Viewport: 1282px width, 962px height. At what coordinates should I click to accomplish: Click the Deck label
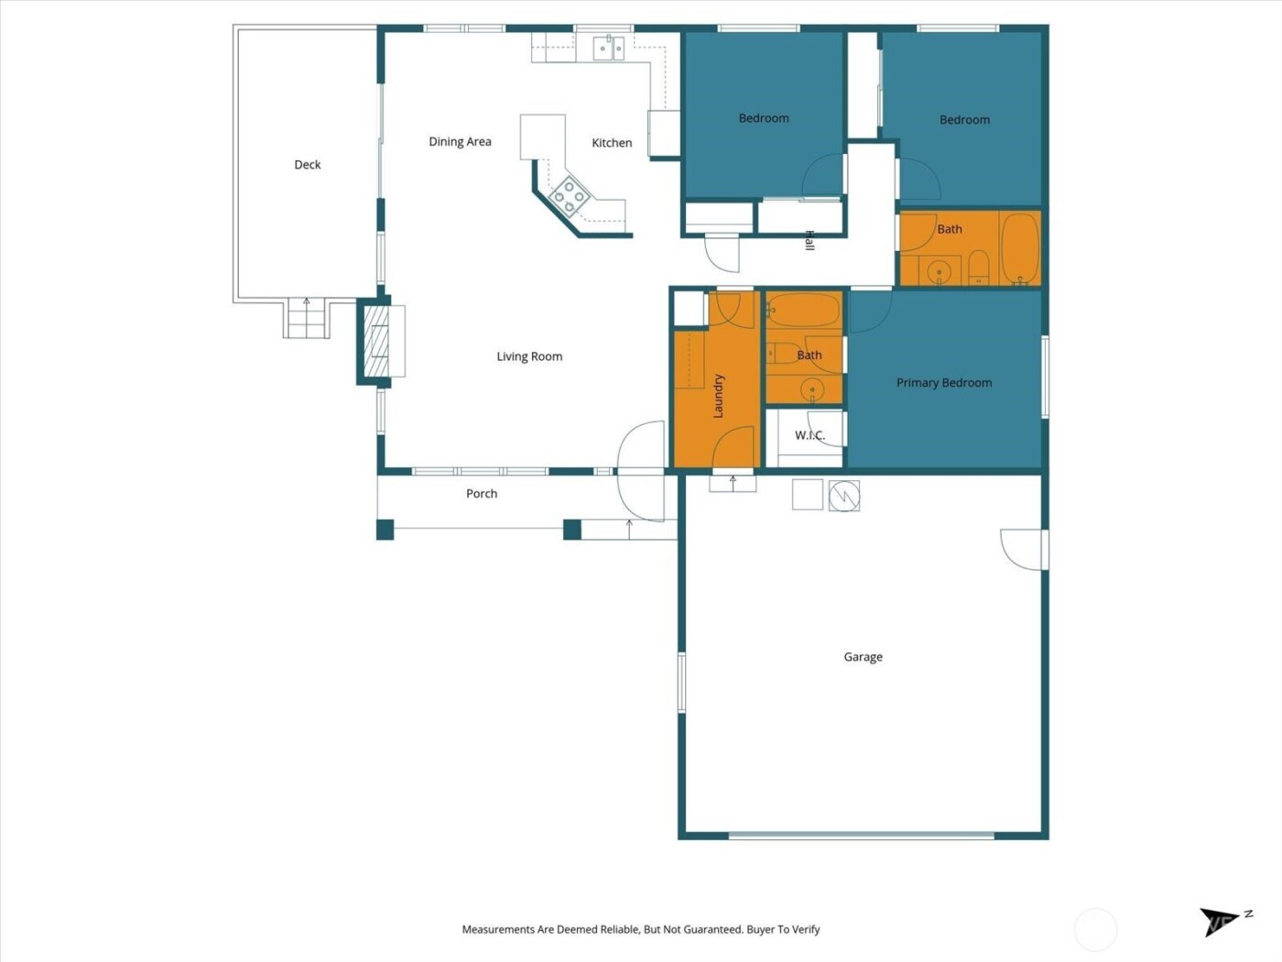click(308, 165)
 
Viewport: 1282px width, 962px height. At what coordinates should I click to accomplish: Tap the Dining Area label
click(460, 142)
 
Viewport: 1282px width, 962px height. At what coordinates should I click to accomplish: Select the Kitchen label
click(612, 143)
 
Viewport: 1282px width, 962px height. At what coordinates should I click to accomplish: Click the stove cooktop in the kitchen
click(569, 196)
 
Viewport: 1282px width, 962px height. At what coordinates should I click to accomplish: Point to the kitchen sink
click(608, 48)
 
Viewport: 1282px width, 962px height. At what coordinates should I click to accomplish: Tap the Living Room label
click(529, 356)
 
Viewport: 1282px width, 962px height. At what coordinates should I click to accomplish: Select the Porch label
click(482, 494)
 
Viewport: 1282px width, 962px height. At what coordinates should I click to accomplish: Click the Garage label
click(863, 657)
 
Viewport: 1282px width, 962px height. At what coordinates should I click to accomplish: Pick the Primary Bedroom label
click(944, 383)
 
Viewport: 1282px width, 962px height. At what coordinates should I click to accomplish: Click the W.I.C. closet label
click(809, 435)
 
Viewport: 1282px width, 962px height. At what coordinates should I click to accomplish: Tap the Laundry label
click(719, 396)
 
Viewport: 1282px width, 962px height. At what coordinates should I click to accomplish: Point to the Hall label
click(809, 241)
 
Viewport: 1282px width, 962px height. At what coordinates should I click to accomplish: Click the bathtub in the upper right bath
click(1019, 247)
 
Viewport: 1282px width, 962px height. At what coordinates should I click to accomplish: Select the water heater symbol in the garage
click(844, 496)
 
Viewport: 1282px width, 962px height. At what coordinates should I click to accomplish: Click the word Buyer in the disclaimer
click(760, 929)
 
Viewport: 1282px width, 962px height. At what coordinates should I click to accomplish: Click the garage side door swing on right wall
click(1022, 550)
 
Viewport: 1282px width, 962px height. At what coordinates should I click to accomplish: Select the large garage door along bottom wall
click(862, 835)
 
